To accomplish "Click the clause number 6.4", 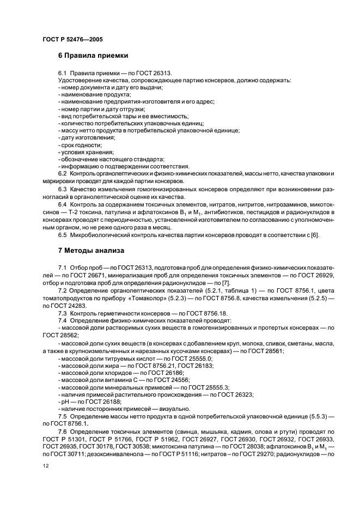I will click(x=62, y=204).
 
